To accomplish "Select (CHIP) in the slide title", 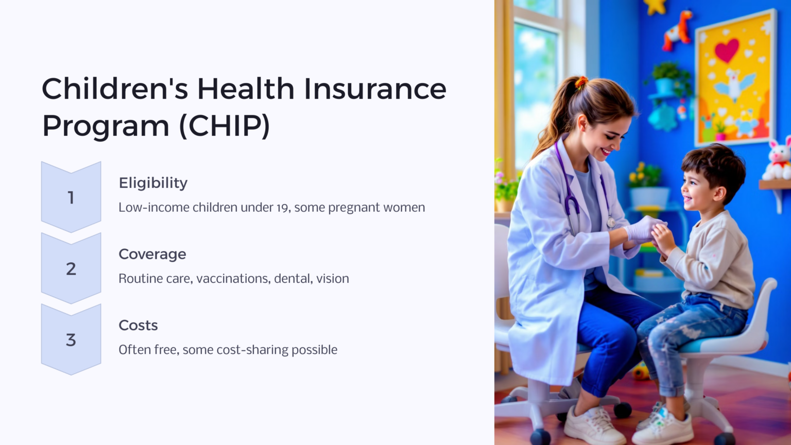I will click(x=225, y=126).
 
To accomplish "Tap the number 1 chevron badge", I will click(x=71, y=197).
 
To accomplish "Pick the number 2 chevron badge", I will click(x=71, y=268).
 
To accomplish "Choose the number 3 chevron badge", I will click(x=71, y=339).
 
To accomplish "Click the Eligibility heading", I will click(x=153, y=183).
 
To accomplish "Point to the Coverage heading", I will click(x=152, y=254).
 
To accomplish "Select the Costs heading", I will click(x=138, y=325).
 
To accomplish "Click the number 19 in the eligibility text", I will click(x=282, y=208).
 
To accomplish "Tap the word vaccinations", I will click(x=233, y=279).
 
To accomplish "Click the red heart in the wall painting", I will click(x=727, y=50).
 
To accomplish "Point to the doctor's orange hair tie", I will click(x=581, y=82).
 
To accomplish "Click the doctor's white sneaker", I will click(x=593, y=424).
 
